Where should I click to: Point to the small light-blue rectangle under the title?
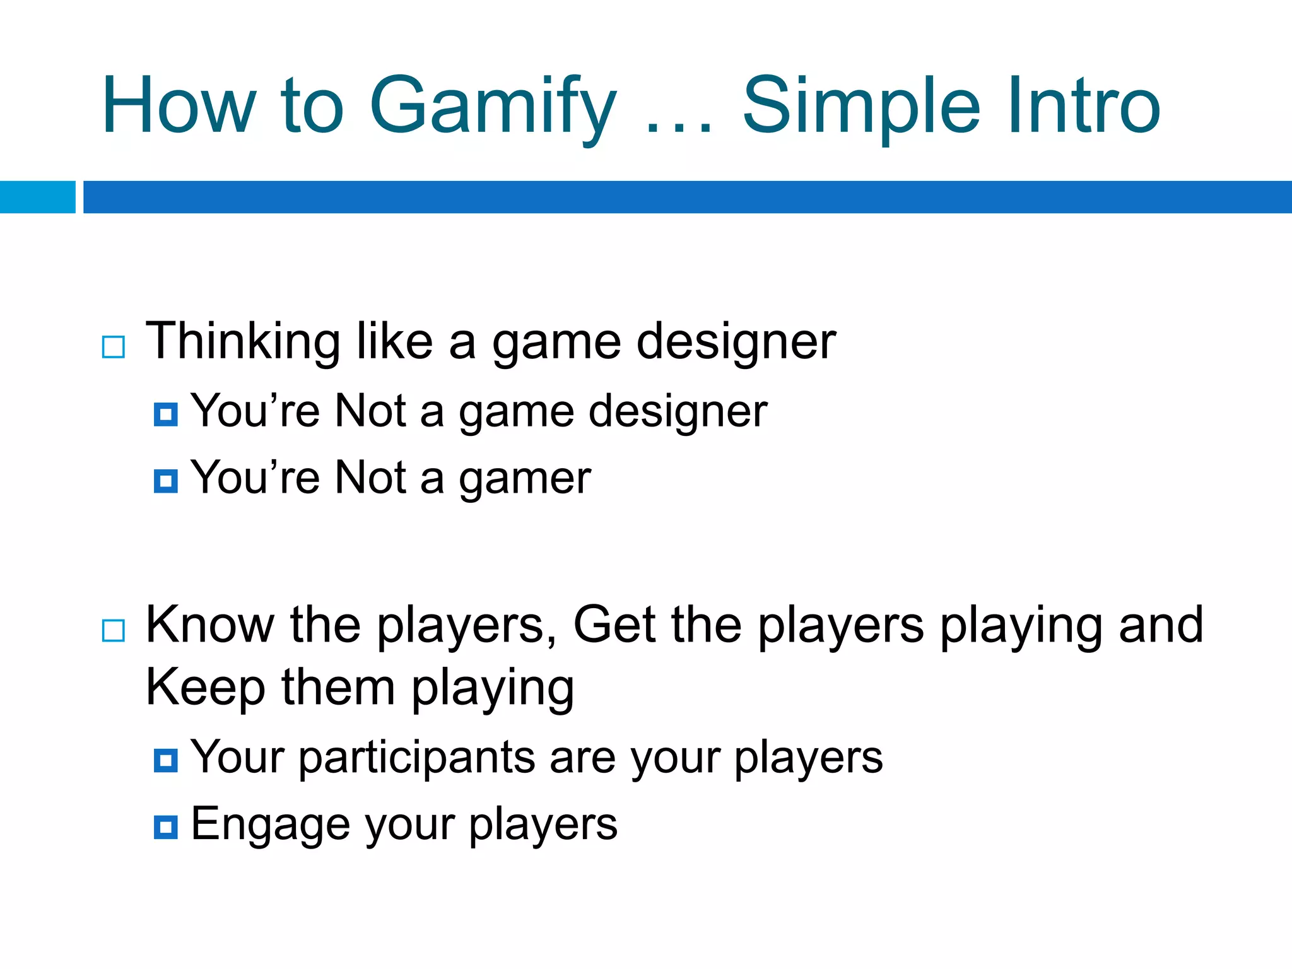pos(37,197)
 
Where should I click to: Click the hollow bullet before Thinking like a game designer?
pos(114,347)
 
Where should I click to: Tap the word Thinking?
pos(243,342)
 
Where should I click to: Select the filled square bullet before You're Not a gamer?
pos(165,481)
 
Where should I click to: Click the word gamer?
pos(525,479)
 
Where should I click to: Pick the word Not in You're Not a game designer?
pos(370,411)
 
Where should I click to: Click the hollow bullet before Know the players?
pos(114,630)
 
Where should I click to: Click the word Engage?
pos(270,825)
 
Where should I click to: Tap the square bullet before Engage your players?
pos(165,827)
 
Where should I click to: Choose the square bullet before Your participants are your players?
pos(165,760)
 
